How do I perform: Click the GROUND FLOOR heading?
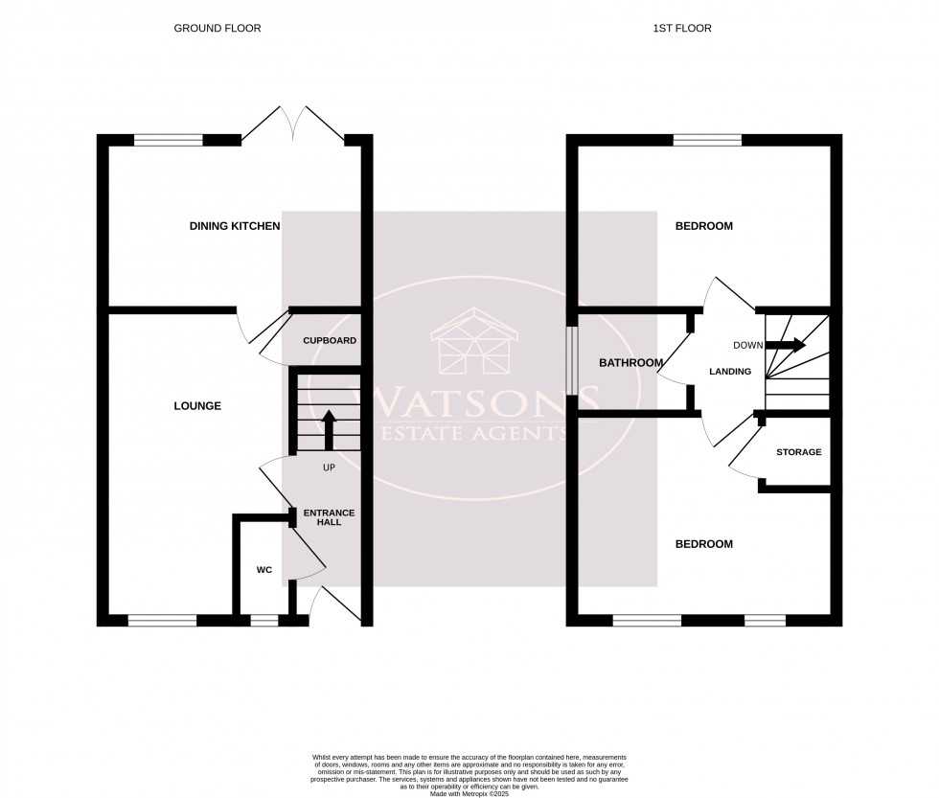[217, 29]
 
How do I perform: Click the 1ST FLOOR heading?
[682, 29]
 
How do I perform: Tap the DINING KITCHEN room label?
[235, 226]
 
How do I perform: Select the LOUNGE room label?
[198, 406]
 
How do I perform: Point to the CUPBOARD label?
[330, 341]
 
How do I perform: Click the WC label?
[264, 570]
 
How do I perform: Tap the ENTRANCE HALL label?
[322, 517]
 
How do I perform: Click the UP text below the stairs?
[329, 468]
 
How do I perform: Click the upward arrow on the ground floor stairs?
[329, 430]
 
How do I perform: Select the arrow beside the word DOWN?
[787, 345]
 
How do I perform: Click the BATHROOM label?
[630, 363]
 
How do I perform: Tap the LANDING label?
[729, 372]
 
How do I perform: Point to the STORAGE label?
[798, 452]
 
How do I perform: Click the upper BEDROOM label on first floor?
[703, 226]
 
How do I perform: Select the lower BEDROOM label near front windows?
[703, 544]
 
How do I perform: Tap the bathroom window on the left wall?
[571, 361]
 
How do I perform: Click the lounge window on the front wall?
[162, 621]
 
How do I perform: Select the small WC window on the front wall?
[263, 621]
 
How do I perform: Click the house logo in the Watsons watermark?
[474, 343]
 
